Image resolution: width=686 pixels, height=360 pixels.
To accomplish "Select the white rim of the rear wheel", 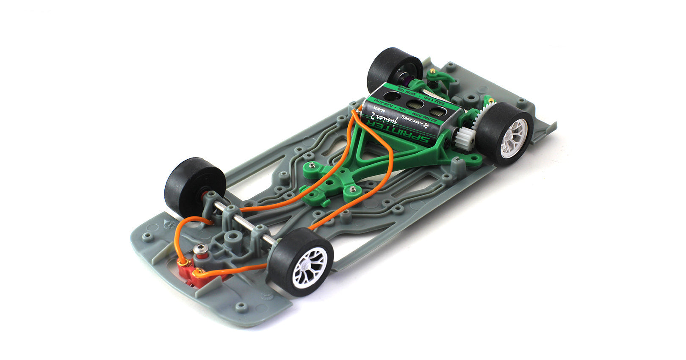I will (513, 138).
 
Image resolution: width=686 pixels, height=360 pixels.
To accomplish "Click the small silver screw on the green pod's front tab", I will (312, 165).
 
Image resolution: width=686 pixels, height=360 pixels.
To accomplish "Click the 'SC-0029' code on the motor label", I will (378, 109).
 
